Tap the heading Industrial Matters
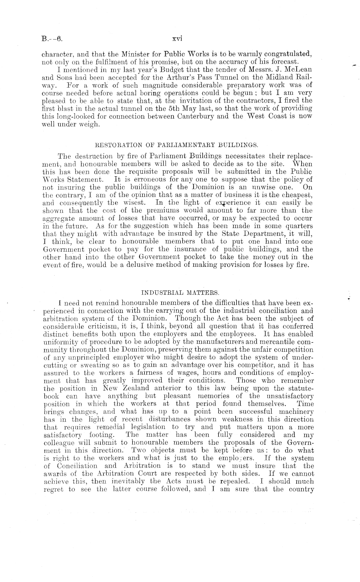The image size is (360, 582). tap(180, 293)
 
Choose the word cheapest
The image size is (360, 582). tap(297, 195)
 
